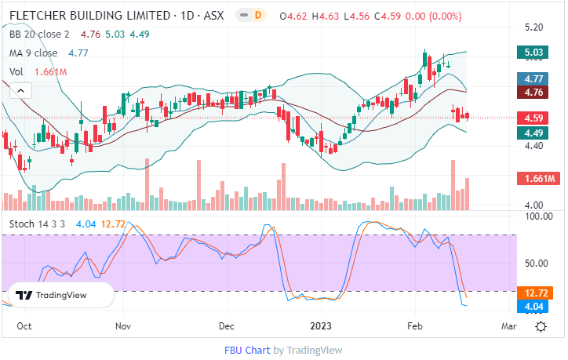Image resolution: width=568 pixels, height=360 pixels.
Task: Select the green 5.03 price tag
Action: pos(536,53)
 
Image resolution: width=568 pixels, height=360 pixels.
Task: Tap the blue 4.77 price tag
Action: pos(536,78)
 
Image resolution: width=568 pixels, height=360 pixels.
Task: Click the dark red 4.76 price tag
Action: pos(536,92)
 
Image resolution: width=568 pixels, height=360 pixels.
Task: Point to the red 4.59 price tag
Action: pos(536,118)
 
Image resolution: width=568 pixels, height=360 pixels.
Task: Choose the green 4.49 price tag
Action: pos(536,133)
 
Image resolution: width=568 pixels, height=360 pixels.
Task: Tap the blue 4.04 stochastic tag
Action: pos(537,306)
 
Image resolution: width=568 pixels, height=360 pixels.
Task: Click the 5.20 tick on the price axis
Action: pos(534,26)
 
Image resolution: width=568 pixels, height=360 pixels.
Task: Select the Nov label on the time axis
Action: pos(123,325)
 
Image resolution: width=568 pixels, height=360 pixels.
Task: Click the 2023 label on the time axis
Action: pos(322,325)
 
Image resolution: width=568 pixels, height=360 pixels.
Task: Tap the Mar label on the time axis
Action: pos(508,325)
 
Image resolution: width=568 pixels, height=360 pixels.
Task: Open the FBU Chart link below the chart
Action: pos(247,350)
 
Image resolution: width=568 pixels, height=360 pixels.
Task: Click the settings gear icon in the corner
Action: pos(541,326)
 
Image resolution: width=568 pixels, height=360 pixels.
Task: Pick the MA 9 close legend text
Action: pos(33,53)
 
